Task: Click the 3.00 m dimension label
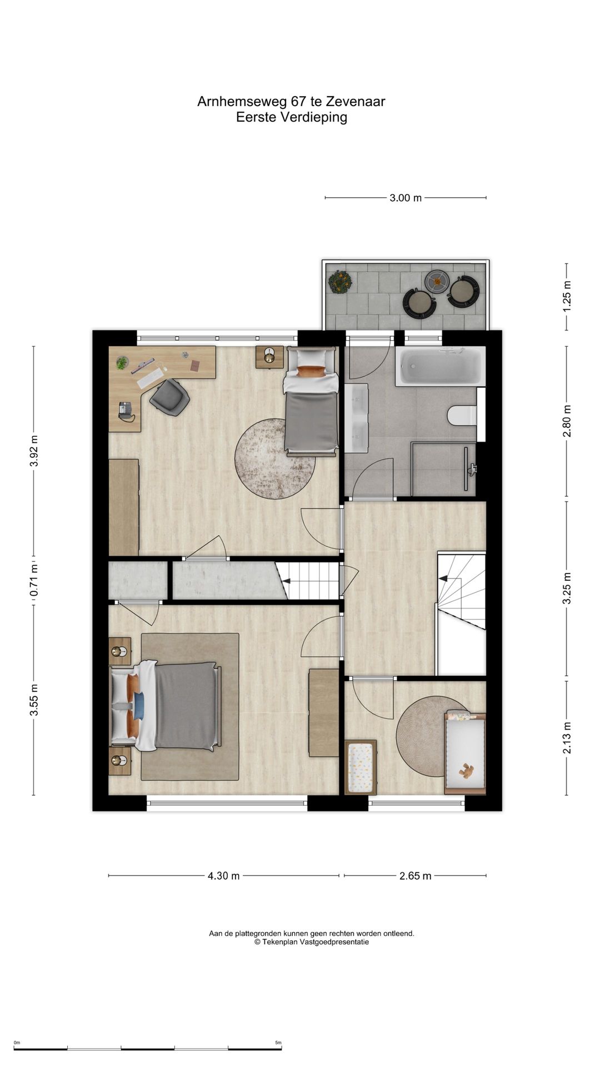[x=406, y=197]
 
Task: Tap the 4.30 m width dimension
[x=224, y=876]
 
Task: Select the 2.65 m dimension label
[x=415, y=876]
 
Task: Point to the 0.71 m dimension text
[x=34, y=581]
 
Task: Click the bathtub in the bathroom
[x=440, y=366]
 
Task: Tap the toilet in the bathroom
[x=462, y=415]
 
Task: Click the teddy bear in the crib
[x=466, y=771]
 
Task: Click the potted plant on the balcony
[x=339, y=282]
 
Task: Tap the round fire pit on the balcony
[x=437, y=281]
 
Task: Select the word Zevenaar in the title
[x=355, y=102]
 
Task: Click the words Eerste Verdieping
[x=292, y=117]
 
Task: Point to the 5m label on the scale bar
[x=278, y=1043]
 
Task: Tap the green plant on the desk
[x=122, y=363]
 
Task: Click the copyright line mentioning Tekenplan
[x=312, y=942]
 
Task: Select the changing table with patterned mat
[x=361, y=767]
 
